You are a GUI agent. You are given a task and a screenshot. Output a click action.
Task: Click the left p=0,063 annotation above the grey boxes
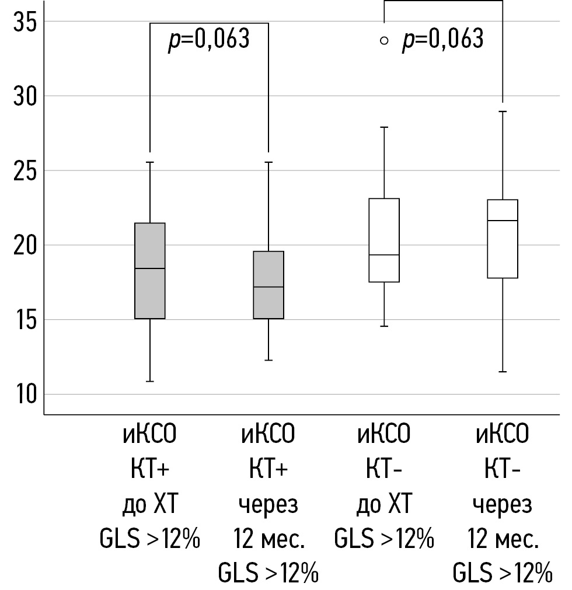point(209,39)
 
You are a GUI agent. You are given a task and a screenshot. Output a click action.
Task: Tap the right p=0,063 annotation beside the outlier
point(442,39)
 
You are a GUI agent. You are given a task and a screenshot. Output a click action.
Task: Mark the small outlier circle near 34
point(383,40)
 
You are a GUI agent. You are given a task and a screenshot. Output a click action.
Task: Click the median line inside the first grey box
point(150,268)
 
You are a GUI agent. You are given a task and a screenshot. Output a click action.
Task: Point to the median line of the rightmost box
point(503,221)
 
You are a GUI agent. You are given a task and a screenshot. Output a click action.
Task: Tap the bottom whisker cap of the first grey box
point(150,381)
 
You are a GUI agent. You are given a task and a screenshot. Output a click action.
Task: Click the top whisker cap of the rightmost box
point(503,111)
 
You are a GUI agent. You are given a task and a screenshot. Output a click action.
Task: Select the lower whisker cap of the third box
point(384,326)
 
